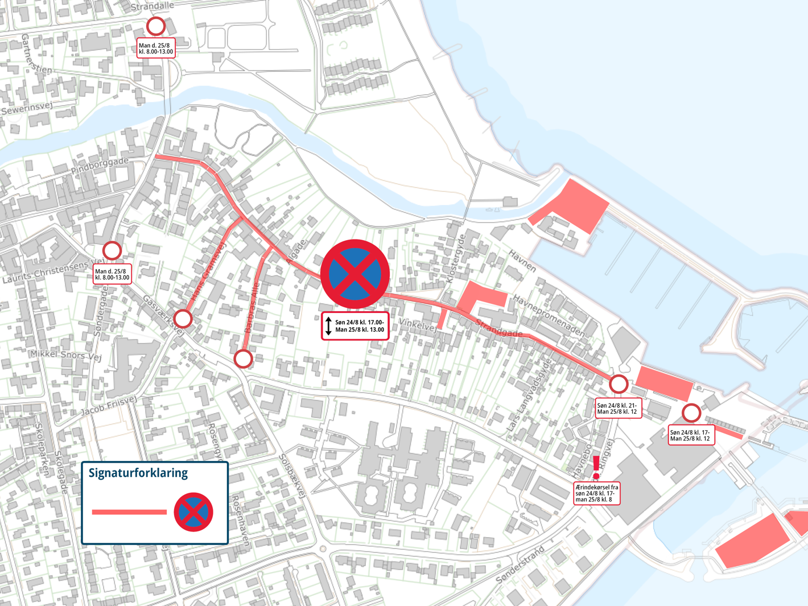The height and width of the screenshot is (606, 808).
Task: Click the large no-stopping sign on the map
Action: pos(355,274)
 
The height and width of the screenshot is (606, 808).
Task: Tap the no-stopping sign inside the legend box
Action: pos(193,512)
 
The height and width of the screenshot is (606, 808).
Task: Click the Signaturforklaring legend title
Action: pos(138,473)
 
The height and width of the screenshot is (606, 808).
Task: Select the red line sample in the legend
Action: pos(129,512)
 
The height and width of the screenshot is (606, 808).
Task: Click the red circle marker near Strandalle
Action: pos(156,26)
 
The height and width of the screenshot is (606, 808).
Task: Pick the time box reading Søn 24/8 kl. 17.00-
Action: pos(355,326)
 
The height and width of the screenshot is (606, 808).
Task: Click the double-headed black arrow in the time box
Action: pos(328,326)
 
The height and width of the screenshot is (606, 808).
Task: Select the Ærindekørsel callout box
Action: pos(596,493)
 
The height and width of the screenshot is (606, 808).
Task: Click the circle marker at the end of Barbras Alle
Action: pos(244,358)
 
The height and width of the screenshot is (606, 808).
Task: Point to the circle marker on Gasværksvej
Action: pos(183,319)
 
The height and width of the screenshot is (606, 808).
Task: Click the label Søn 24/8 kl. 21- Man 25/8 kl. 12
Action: pos(618,408)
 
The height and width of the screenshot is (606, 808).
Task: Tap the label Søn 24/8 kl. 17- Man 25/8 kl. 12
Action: pos(691,435)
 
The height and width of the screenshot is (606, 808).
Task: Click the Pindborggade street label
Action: pos(100,167)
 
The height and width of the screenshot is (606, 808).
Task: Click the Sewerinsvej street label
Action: pos(27,108)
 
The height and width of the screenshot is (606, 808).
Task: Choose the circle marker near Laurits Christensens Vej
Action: pos(112,250)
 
